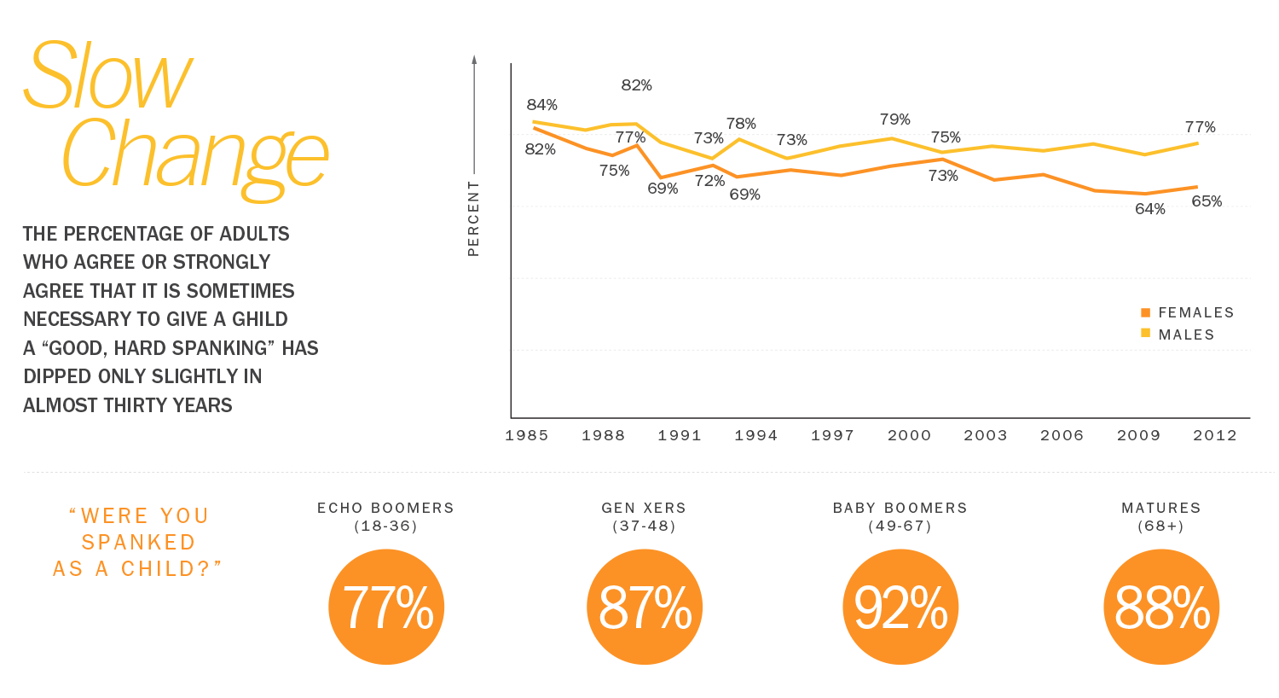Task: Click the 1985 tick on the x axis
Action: (x=526, y=435)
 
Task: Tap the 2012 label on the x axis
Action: (x=1214, y=435)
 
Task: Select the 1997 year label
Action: (x=832, y=435)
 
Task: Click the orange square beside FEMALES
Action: (x=1146, y=312)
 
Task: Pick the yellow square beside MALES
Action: (x=1146, y=334)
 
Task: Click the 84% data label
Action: (x=541, y=105)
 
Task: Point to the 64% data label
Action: (x=1149, y=209)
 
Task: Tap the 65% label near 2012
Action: (x=1207, y=201)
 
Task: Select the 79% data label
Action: (x=895, y=119)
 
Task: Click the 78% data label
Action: (x=741, y=125)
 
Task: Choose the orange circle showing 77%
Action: (x=387, y=607)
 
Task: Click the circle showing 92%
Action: (x=900, y=607)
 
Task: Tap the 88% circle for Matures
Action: (x=1161, y=607)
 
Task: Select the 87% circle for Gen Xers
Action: (x=645, y=607)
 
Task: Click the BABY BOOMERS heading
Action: (x=900, y=508)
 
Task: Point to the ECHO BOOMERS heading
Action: (x=385, y=508)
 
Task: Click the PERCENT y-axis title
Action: (x=473, y=218)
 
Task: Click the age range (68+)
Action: (x=1160, y=526)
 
